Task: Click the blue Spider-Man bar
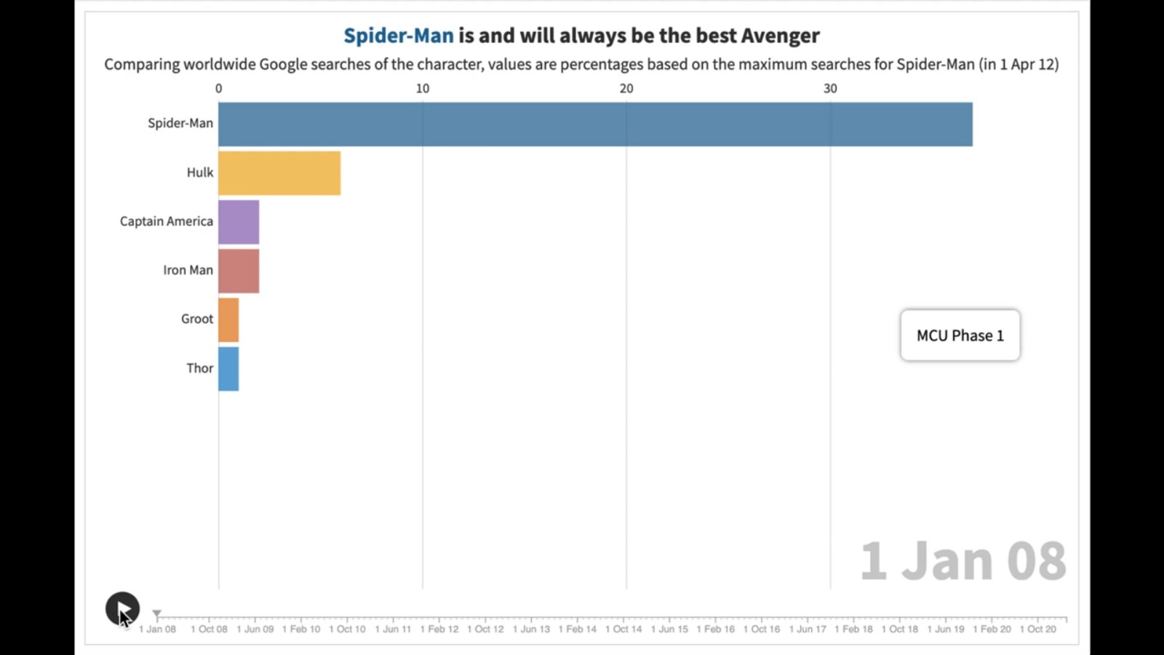coord(595,124)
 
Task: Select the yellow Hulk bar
coord(279,173)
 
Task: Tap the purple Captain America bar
coord(239,222)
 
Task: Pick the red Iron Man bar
coord(239,271)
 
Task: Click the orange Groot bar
coord(228,319)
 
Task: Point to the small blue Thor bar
coord(228,369)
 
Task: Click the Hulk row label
coord(200,172)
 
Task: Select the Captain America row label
coord(167,221)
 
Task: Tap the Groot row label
coord(197,319)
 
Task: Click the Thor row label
coord(200,368)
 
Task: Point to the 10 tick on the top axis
coord(423,89)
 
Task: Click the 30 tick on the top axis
coord(830,89)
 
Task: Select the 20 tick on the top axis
coord(626,89)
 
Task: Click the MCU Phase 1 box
coord(960,336)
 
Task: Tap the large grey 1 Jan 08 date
coord(963,561)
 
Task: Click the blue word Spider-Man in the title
coord(399,36)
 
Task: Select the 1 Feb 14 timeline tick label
coord(578,629)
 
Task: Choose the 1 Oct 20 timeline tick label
coord(1037,629)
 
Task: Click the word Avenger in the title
coord(780,36)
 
